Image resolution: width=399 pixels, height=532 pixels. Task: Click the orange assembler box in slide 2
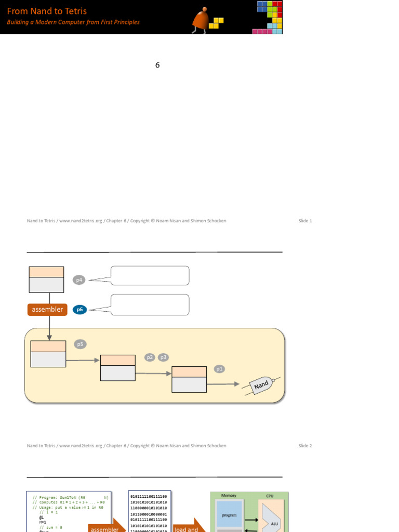pyautogui.click(x=47, y=310)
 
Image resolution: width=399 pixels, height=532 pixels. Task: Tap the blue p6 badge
pyautogui.click(x=79, y=310)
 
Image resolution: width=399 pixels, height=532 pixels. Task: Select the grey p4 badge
pyautogui.click(x=79, y=280)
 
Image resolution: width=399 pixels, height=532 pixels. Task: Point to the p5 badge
pyautogui.click(x=80, y=344)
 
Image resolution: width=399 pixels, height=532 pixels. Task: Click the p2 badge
pyautogui.click(x=150, y=357)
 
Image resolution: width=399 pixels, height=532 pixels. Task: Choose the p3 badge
pyautogui.click(x=163, y=357)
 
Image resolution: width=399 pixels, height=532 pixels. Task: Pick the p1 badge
pyautogui.click(x=219, y=369)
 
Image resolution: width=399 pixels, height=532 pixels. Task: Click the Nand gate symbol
pyautogui.click(x=262, y=385)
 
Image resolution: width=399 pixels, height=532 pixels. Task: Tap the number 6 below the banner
pyautogui.click(x=157, y=65)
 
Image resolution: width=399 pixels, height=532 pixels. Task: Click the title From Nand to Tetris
pyautogui.click(x=47, y=11)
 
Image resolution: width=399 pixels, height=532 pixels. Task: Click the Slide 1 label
pyautogui.click(x=305, y=221)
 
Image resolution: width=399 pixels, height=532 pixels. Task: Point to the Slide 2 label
pyautogui.click(x=305, y=446)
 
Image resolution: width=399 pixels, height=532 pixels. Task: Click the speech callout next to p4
pyautogui.click(x=150, y=276)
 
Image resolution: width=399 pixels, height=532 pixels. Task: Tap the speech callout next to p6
pyautogui.click(x=150, y=305)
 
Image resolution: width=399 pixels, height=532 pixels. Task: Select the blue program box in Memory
pyautogui.click(x=229, y=514)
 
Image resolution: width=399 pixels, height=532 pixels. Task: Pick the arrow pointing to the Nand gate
pyautogui.click(x=223, y=384)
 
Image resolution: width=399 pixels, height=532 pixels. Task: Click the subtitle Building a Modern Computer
pyautogui.click(x=73, y=22)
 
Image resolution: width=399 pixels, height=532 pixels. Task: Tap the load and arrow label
pyautogui.click(x=186, y=529)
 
